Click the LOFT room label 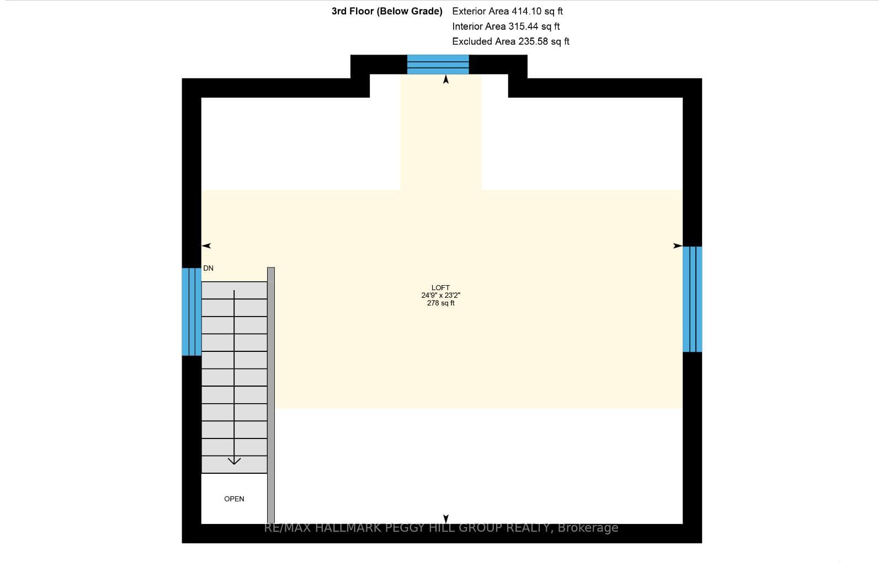point(440,288)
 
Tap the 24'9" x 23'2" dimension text point(441,296)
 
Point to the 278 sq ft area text point(441,303)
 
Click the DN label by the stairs point(208,268)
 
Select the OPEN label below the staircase point(234,499)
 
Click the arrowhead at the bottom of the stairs point(234,461)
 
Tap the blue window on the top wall point(438,65)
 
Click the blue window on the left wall point(192,312)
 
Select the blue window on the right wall point(692,299)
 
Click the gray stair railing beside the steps point(271,395)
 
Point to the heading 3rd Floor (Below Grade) point(387,11)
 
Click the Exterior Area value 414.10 point(526,11)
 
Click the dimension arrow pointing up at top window point(446,79)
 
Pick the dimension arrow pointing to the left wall point(206,246)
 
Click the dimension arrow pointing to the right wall point(678,246)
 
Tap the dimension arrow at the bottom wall point(446,519)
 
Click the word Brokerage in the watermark point(588,528)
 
